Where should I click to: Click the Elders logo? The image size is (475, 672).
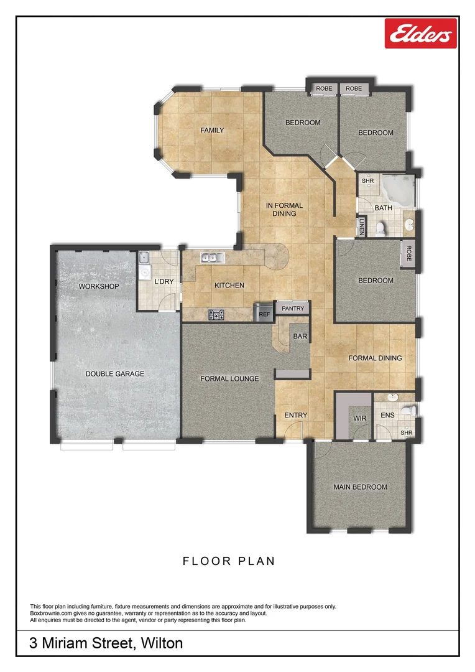coord(421,34)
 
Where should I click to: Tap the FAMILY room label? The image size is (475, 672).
coord(211,131)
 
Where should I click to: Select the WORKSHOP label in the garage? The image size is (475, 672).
coord(99,286)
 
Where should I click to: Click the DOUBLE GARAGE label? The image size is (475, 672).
coord(115,374)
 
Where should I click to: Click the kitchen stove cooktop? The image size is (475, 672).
coord(216,315)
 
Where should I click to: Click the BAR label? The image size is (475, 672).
coord(300,337)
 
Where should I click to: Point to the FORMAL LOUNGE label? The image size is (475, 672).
coord(229,378)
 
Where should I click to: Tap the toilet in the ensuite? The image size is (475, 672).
coord(407,409)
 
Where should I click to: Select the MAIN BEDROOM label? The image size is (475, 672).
coord(360,487)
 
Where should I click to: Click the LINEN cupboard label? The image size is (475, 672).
coord(361,226)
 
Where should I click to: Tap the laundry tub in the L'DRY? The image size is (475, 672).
coord(144,258)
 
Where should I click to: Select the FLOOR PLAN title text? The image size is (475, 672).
coord(228,561)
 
